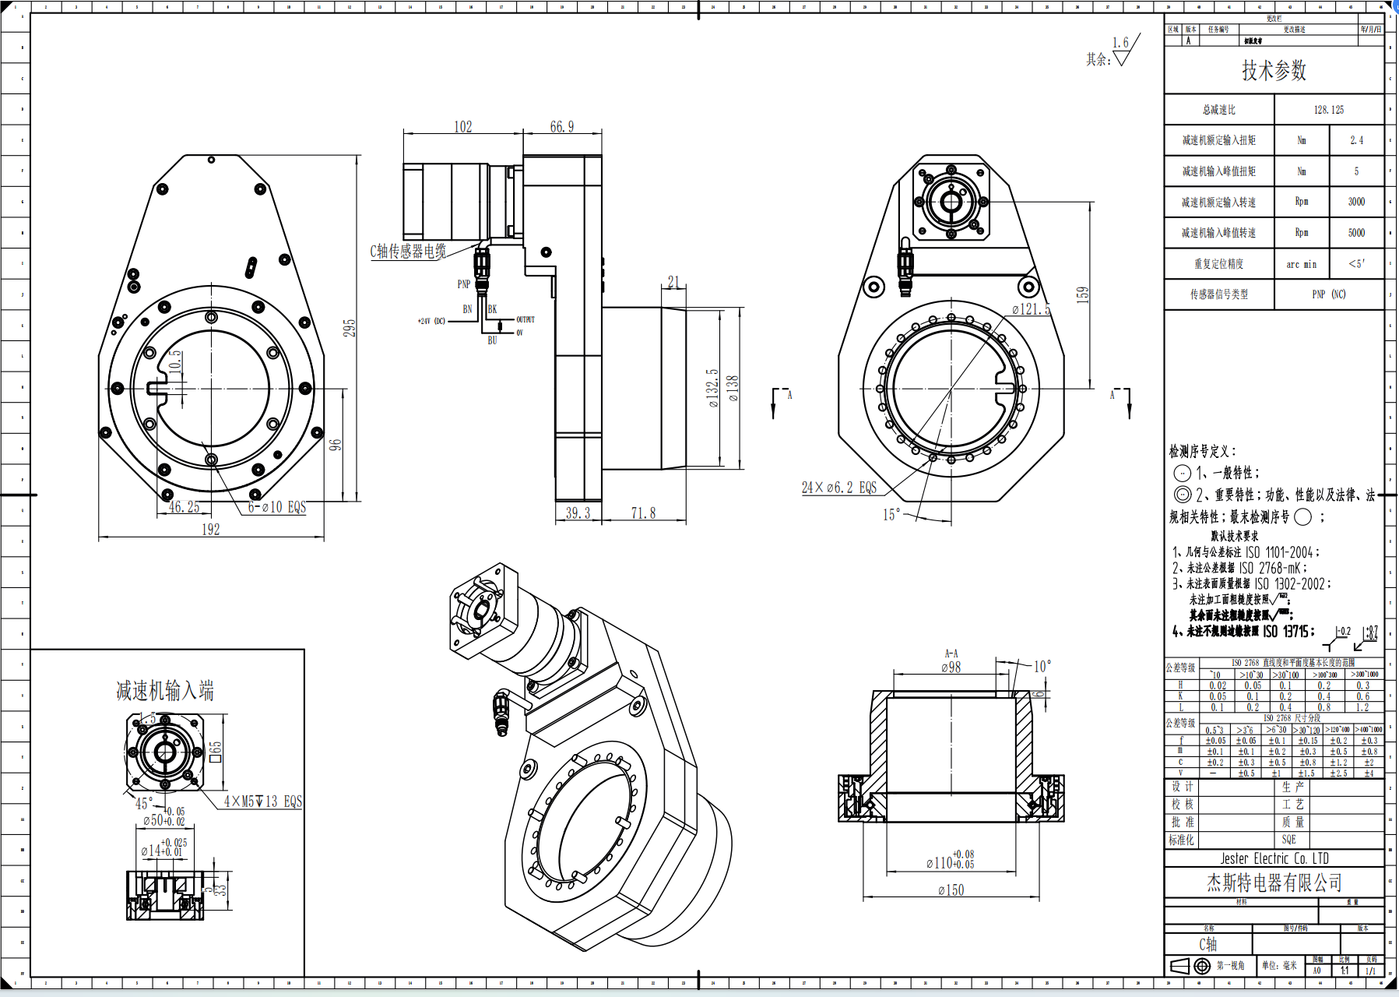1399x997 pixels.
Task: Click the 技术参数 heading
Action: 1274,71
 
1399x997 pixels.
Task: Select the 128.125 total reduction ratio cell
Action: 1328,110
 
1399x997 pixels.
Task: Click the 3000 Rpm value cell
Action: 1356,202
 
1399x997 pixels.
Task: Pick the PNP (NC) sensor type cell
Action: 1328,294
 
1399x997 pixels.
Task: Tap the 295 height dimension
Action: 350,328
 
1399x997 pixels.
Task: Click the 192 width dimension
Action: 210,530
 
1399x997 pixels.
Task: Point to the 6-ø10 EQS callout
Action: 276,507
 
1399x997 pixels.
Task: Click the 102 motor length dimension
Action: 462,127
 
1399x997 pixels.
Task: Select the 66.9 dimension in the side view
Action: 561,127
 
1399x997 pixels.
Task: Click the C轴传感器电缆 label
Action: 407,251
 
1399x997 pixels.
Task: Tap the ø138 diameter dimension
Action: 733,388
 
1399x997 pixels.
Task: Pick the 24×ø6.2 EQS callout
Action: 838,488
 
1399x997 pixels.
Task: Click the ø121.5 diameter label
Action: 1031,309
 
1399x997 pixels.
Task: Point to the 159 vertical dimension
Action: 1082,294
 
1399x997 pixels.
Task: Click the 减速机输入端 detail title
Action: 164,691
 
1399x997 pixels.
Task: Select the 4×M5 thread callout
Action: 262,801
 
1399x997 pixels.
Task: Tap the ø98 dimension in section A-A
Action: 951,668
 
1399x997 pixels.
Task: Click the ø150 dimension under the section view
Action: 951,890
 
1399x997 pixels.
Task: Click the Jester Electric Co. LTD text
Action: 1274,858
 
